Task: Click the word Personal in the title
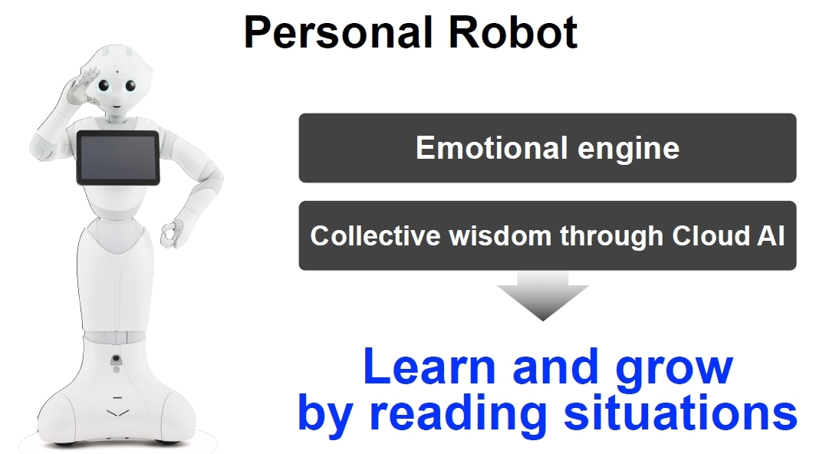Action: point(338,32)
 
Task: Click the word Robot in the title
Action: point(512,32)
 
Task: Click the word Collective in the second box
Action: point(375,235)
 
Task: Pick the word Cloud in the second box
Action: point(709,235)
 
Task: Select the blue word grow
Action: point(674,370)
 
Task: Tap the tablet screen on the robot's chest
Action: point(118,158)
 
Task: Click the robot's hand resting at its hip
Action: point(169,235)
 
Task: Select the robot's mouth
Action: point(117,106)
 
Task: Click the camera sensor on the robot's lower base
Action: point(116,359)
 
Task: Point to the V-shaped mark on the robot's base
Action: point(117,413)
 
